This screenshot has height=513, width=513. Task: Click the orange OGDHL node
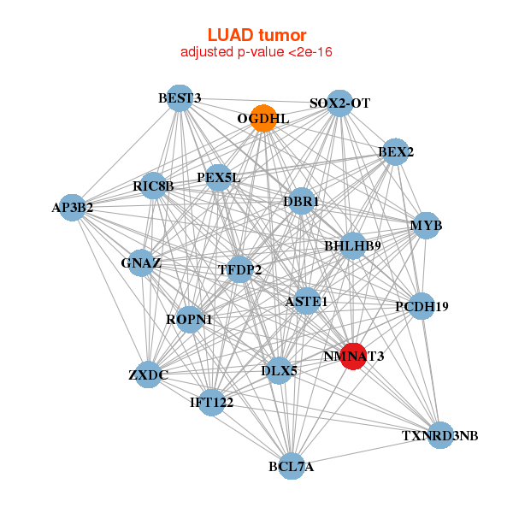pos(264,118)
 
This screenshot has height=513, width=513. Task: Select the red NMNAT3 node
pos(353,356)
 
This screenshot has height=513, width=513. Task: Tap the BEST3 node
pos(179,98)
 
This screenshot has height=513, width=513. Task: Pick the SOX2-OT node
pos(340,103)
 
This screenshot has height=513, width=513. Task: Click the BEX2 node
pos(394,152)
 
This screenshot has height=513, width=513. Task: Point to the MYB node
pos(425,226)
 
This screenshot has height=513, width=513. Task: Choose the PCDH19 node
pos(421,305)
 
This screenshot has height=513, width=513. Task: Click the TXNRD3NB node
pos(439,435)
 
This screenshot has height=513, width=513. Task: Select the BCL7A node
pos(291,466)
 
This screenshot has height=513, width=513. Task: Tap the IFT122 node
pos(211,401)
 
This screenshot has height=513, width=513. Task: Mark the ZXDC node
pos(148,374)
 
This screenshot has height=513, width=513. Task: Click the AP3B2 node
pos(73,207)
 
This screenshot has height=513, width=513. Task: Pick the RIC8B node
pos(153,186)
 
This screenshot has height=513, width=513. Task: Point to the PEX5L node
pos(219,178)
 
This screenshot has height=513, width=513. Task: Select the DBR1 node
pos(300,202)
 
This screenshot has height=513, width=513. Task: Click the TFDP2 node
pos(240,269)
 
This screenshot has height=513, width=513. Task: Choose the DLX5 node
pos(279,370)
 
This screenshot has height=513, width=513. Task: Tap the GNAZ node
pos(141,262)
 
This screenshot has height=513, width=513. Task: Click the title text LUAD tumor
pos(256,35)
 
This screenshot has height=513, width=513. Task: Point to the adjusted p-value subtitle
pos(256,52)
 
